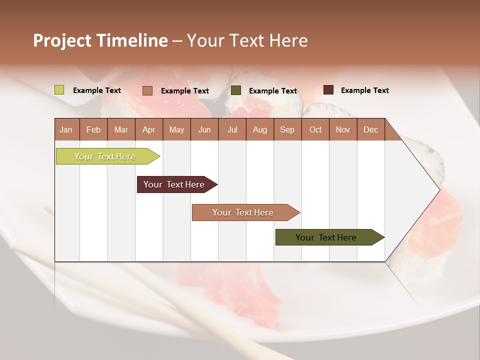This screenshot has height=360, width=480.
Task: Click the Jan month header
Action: point(66,129)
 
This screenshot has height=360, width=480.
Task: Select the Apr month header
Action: point(148,129)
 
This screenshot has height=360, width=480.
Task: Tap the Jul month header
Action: point(232,129)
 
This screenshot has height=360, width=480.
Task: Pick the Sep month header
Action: point(287,129)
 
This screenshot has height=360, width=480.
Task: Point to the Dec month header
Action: point(370,129)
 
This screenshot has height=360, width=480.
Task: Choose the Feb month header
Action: point(93,129)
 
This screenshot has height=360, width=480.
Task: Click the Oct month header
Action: point(315,129)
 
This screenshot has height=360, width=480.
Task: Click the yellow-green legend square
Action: point(59,90)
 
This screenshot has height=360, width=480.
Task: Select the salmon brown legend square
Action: point(147,90)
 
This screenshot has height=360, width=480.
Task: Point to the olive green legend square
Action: point(236,90)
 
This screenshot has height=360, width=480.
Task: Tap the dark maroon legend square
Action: point(328,90)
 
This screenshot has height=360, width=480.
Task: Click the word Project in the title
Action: point(62,40)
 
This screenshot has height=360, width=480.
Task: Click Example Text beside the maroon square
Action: point(364,90)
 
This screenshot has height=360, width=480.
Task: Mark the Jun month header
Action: point(204,129)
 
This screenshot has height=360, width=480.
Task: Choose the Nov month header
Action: point(343,129)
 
